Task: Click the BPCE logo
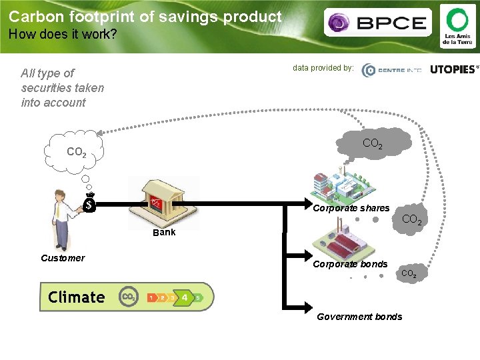pos(377,23)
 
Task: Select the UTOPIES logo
pos(454,69)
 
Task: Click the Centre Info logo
pos(391,71)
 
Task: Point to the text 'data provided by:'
pos(323,67)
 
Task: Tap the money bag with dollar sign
pos(89,203)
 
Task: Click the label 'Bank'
pos(164,233)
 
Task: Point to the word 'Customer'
pos(63,258)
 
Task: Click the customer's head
pos(60,196)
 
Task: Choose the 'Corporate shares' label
pos(351,208)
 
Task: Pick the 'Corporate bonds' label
pos(350,264)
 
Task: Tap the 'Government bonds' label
pos(359,317)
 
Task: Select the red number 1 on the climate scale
pos(151,297)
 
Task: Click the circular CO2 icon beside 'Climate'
pos(128,297)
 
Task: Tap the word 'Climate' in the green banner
pos(77,297)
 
